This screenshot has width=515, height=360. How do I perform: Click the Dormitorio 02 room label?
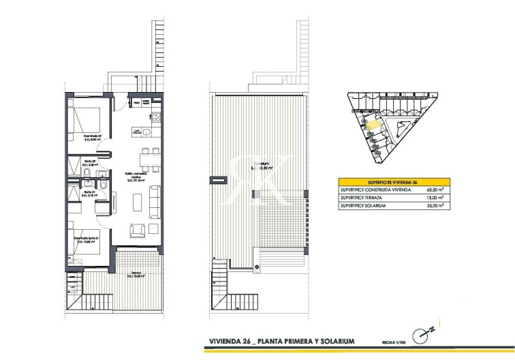(92, 136)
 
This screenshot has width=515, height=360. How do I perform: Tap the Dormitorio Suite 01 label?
(92, 239)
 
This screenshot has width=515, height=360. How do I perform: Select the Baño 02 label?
(89, 162)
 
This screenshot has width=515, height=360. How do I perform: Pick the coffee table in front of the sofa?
(137, 202)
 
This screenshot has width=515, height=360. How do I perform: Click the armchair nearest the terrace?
(138, 229)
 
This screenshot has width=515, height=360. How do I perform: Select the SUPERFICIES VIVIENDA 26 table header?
(392, 183)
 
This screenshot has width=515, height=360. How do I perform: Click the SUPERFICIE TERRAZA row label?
(361, 197)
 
